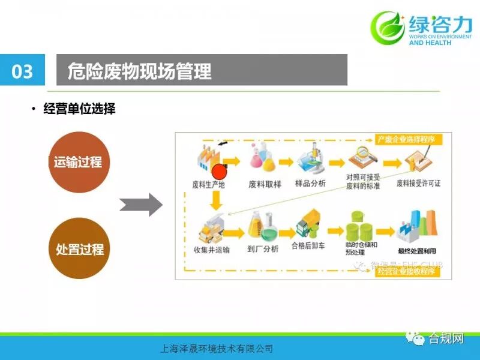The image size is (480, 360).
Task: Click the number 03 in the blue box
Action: click(x=22, y=72)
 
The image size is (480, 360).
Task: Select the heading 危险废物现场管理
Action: click(x=140, y=71)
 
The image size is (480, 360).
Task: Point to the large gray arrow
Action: click(x=141, y=205)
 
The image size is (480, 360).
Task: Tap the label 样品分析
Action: click(x=311, y=183)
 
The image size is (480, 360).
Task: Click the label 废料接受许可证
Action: click(x=419, y=183)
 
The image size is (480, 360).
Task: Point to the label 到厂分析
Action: click(x=263, y=249)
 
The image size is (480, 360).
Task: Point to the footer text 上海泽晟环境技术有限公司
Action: click(x=214, y=348)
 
